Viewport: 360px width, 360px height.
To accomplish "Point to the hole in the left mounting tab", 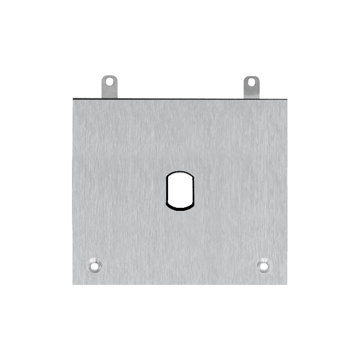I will [109, 81].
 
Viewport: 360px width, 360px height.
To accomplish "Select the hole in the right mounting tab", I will [251, 81].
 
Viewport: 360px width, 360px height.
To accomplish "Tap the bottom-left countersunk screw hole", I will [94, 266].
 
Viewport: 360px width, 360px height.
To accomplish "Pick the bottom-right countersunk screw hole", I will [264, 266].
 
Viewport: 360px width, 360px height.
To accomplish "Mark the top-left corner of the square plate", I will [73, 99].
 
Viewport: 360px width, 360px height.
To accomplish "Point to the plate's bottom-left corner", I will [73, 284].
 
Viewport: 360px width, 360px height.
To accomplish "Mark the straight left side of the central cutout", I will [166, 191].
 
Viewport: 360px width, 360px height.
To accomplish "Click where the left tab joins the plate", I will [109, 97].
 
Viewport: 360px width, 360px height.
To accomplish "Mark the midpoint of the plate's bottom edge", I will [179, 284].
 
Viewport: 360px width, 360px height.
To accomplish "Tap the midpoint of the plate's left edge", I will [73, 191].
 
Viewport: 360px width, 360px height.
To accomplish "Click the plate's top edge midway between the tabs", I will [179, 99].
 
